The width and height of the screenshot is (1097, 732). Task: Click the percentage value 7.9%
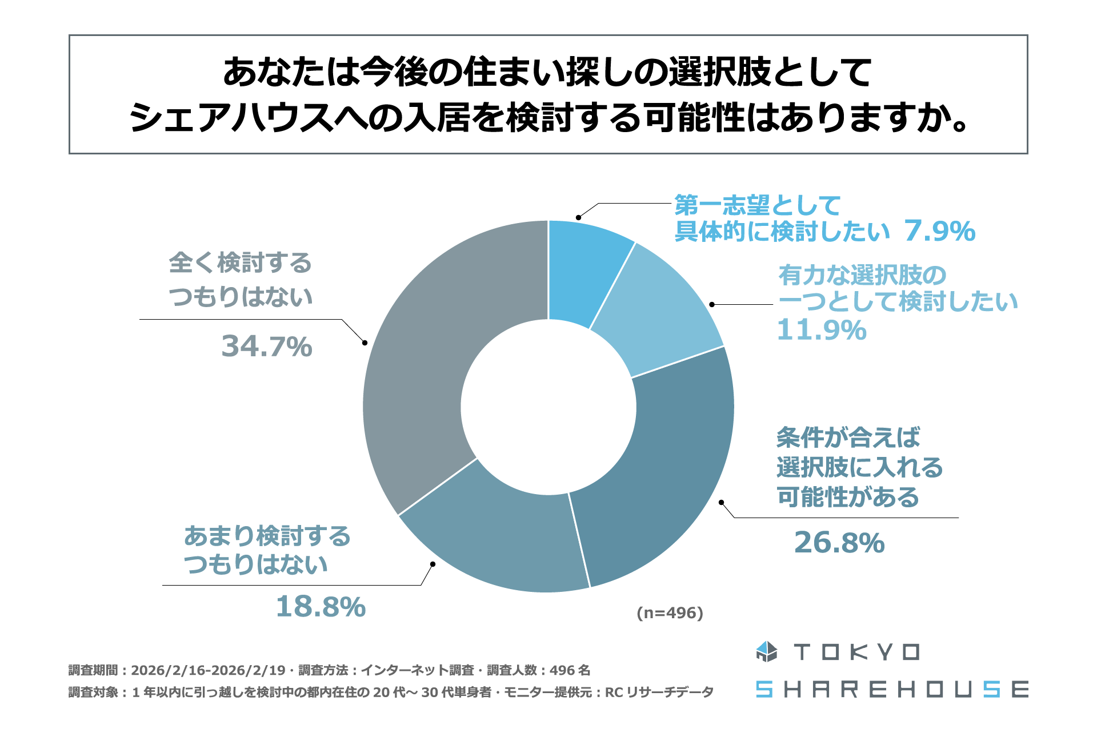click(940, 232)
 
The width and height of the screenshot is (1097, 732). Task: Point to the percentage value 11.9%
click(822, 331)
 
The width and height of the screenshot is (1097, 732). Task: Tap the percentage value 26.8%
click(839, 543)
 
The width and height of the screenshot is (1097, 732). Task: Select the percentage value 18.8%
click(321, 607)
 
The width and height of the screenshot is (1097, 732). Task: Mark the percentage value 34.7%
click(267, 347)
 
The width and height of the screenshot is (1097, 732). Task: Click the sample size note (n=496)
click(670, 613)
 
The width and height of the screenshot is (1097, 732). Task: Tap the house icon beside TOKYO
click(766, 652)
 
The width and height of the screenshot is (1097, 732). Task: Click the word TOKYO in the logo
click(856, 652)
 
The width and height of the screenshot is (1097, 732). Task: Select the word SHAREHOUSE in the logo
click(892, 690)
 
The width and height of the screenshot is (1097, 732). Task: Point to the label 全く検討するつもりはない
click(241, 280)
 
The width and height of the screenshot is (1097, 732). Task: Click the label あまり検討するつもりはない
click(267, 550)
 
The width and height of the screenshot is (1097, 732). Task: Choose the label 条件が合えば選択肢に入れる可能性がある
click(859, 467)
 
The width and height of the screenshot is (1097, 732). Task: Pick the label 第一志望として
click(757, 205)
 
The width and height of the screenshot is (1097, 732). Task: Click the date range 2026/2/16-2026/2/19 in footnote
click(208, 670)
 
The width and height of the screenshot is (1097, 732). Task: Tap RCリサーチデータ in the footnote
click(659, 693)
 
